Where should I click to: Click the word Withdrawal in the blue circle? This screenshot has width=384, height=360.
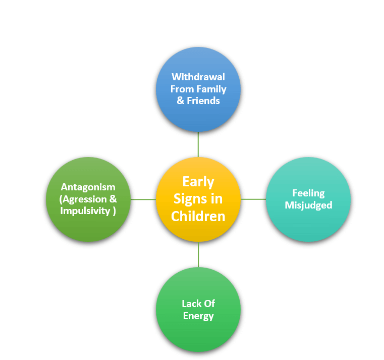198,77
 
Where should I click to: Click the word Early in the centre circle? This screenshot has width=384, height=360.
198,182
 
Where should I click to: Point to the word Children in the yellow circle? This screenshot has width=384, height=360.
198,216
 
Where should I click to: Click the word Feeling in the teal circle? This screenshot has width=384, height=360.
308,193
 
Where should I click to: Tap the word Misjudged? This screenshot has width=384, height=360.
308,205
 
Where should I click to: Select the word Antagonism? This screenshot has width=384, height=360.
88,187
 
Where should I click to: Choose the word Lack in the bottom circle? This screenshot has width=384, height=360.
191,303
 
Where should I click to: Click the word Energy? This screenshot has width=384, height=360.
198,316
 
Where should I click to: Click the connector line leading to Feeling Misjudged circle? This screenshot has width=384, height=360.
253,199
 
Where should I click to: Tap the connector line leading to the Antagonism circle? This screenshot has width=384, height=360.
143,199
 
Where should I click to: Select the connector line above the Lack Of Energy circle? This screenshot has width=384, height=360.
198,254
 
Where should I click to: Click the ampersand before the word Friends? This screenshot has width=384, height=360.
176,100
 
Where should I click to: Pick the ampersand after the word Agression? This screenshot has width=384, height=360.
113,199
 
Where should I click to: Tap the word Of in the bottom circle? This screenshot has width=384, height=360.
209,303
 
